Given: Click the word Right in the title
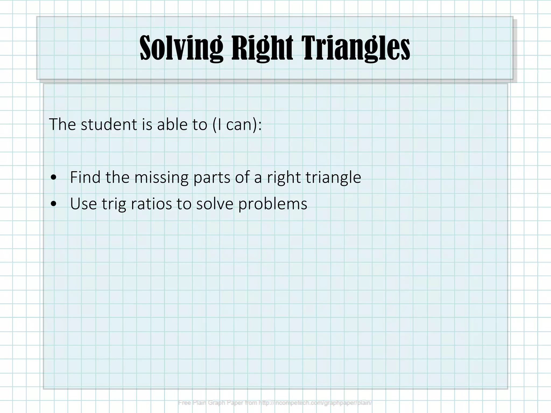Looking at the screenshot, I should tap(262, 48).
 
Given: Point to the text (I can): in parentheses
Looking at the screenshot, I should tap(237, 124).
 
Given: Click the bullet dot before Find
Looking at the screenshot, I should tap(54, 178).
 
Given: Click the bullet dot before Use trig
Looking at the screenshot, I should tap(54, 204).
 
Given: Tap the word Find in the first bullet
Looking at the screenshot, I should tap(85, 177).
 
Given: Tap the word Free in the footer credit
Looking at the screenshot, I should tap(184, 403).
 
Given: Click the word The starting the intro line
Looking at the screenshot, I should tap(62, 124).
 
